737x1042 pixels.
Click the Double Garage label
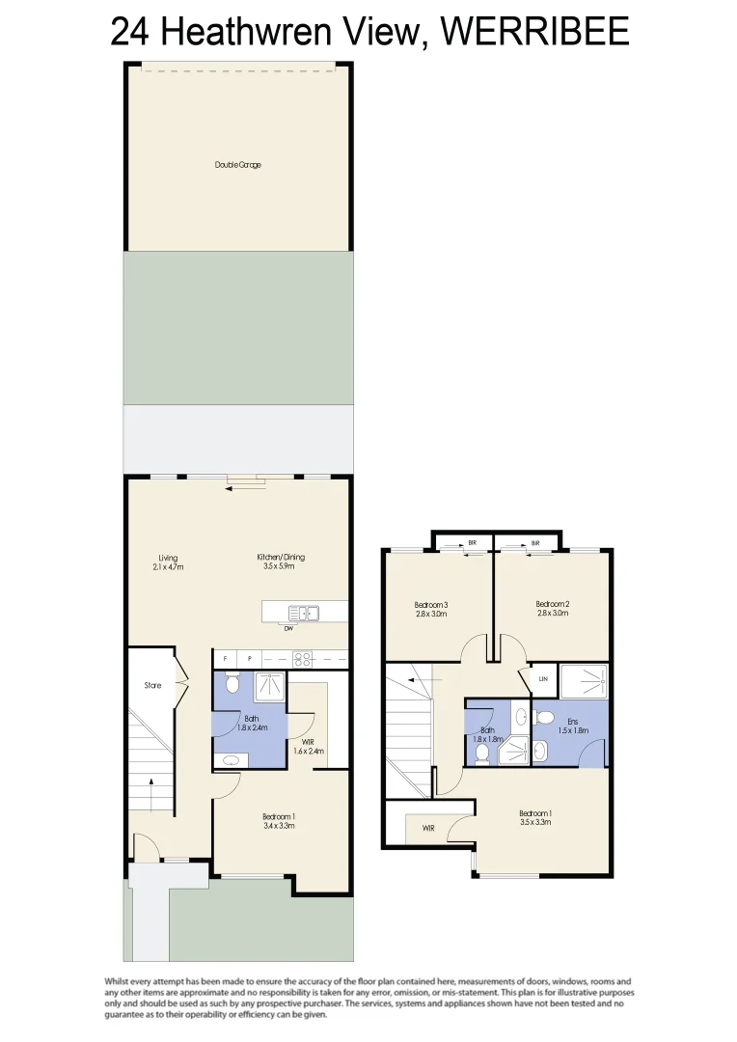[237, 165]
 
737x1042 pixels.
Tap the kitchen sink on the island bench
[303, 612]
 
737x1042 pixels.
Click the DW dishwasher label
[288, 629]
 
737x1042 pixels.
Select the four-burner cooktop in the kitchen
[302, 660]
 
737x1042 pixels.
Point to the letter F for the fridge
[225, 659]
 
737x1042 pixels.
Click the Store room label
[151, 686]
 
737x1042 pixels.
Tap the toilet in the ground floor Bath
[232, 685]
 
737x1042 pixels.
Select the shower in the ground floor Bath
[269, 686]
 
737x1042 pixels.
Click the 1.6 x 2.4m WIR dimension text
[309, 751]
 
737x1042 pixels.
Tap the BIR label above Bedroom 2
[534, 543]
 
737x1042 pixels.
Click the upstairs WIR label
[427, 828]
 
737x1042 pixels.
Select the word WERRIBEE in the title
[533, 32]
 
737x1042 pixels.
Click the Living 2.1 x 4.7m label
[168, 562]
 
